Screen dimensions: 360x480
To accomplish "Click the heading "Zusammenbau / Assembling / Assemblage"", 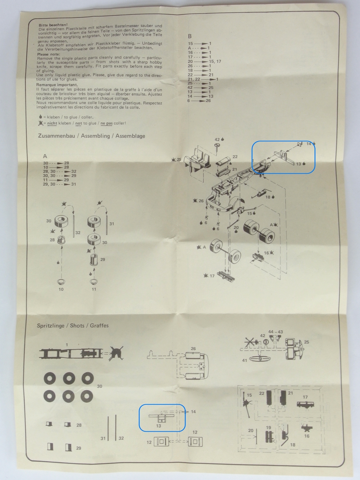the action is tap(91, 136).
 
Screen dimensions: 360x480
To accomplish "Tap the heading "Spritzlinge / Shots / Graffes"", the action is tap(73, 325).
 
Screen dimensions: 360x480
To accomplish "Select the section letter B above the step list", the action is tap(190, 36).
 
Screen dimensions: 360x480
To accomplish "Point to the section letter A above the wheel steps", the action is tap(45, 156).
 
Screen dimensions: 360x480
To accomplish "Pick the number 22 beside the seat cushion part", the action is tap(235, 157).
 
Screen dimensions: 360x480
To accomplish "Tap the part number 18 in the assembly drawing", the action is tap(268, 197).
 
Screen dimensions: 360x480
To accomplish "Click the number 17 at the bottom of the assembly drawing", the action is tap(212, 276).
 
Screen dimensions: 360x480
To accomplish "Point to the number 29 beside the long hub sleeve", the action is tap(103, 259).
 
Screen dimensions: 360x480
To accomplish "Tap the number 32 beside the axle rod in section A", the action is tap(78, 232).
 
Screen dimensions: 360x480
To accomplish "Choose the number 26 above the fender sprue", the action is tap(193, 349).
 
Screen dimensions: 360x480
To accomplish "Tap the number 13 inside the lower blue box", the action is tap(158, 426).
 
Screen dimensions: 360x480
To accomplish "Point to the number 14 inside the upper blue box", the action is tap(309, 144).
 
